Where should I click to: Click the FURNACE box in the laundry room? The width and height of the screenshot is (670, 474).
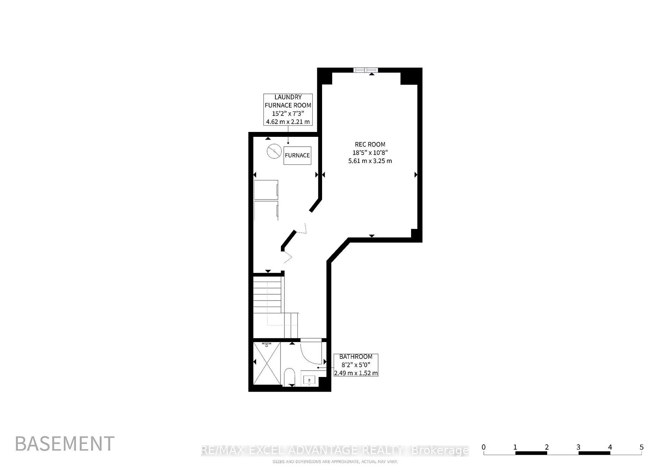pyautogui.click(x=297, y=155)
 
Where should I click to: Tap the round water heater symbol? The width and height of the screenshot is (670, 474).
pyautogui.click(x=274, y=151)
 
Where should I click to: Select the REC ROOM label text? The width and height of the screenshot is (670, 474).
pyautogui.click(x=370, y=144)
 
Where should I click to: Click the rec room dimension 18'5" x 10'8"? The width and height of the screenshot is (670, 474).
pyautogui.click(x=370, y=153)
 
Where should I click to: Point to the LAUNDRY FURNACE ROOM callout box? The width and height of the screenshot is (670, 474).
pyautogui.click(x=288, y=109)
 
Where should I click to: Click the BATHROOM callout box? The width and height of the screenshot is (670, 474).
pyautogui.click(x=356, y=365)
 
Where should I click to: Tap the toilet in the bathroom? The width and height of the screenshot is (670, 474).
pyautogui.click(x=289, y=377)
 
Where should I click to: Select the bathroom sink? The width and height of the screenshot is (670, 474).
pyautogui.click(x=309, y=380)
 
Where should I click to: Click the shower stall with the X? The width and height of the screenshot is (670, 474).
pyautogui.click(x=267, y=363)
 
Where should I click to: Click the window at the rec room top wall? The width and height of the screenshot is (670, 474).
pyautogui.click(x=365, y=70)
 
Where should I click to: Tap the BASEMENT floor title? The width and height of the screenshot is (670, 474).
pyautogui.click(x=65, y=444)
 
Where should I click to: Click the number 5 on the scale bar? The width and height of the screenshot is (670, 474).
pyautogui.click(x=641, y=447)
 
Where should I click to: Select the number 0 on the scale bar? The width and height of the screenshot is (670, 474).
pyautogui.click(x=483, y=447)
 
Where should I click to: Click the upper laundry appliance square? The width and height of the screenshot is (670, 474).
pyautogui.click(x=266, y=190)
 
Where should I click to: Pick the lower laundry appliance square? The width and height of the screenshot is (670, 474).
pyautogui.click(x=266, y=211)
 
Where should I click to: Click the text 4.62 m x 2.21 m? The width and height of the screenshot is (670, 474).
pyautogui.click(x=288, y=121)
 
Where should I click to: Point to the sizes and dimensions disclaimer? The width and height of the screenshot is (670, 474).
pyautogui.click(x=335, y=462)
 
